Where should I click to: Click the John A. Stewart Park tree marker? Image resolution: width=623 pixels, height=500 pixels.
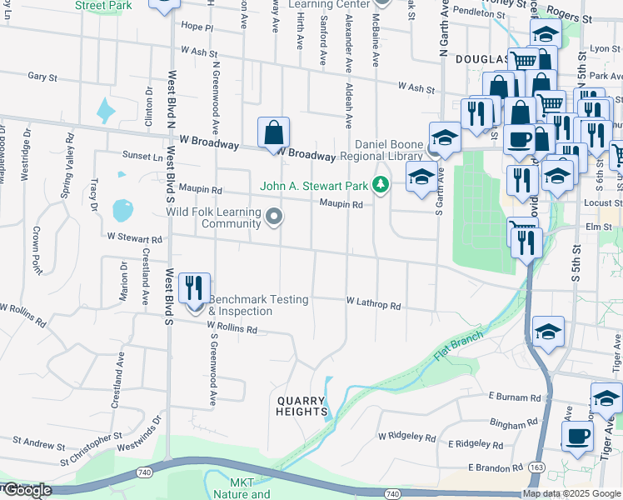(x=381, y=184)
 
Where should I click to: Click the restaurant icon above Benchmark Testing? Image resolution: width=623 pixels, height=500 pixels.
(x=194, y=288)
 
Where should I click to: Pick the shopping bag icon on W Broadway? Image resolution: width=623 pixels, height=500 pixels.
(x=273, y=132)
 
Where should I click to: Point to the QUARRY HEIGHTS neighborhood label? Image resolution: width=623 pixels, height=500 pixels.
(x=302, y=406)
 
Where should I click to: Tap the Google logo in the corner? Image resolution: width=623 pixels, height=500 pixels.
(x=27, y=491)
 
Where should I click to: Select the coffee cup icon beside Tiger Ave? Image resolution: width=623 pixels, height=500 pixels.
(x=577, y=436)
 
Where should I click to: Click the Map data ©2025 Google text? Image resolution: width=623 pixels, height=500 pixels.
(x=572, y=493)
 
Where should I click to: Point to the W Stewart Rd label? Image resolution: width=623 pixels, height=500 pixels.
(x=134, y=237)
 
